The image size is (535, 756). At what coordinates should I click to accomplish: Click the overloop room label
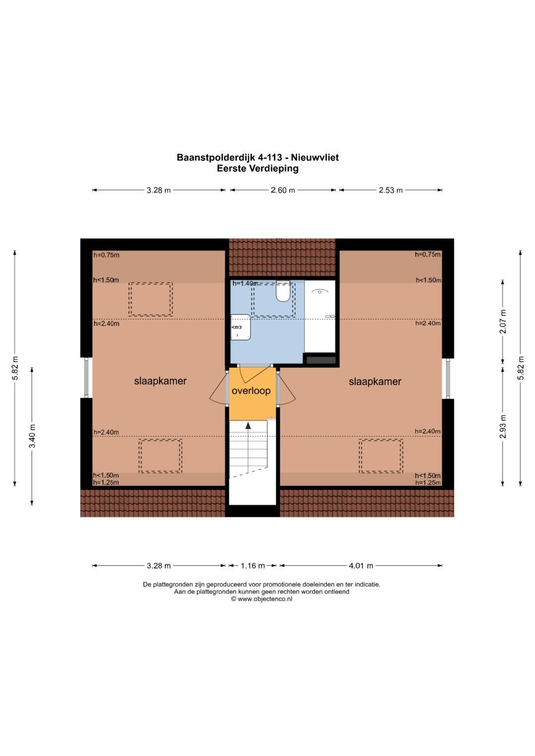tap(251, 391)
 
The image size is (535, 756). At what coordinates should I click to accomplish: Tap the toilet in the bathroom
tap(283, 291)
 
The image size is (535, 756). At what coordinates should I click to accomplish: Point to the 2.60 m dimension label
tap(283, 190)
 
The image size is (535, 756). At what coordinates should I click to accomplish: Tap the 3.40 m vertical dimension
tap(32, 436)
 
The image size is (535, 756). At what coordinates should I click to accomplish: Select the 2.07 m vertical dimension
tap(503, 321)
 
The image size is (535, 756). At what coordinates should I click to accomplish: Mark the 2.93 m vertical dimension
tap(503, 427)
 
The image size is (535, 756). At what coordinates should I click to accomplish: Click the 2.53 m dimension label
tap(390, 190)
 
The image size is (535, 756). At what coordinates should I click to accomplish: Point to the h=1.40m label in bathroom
tap(245, 284)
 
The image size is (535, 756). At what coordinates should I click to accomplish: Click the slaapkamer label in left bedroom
tap(160, 381)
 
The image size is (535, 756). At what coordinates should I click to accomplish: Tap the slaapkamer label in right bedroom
tap(375, 382)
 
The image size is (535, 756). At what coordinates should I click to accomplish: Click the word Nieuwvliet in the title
tap(315, 157)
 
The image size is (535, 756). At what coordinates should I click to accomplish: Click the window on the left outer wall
tap(87, 378)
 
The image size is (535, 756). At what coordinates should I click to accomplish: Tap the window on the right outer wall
tap(448, 378)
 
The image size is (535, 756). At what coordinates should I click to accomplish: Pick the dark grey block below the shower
tap(321, 360)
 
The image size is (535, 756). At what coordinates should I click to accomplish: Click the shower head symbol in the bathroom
tap(320, 291)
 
